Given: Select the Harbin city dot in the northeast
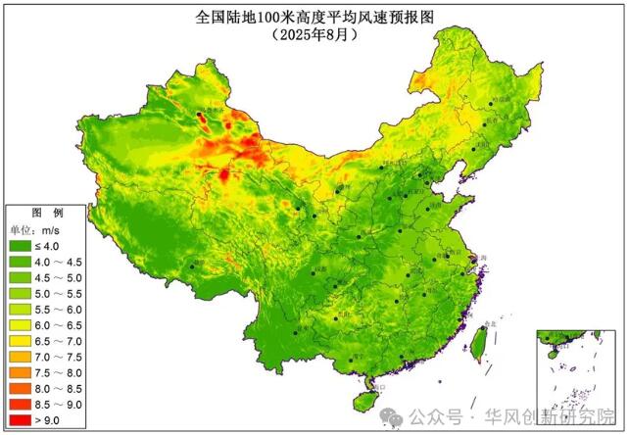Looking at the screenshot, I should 492,104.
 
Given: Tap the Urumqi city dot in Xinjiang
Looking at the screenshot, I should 202,115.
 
